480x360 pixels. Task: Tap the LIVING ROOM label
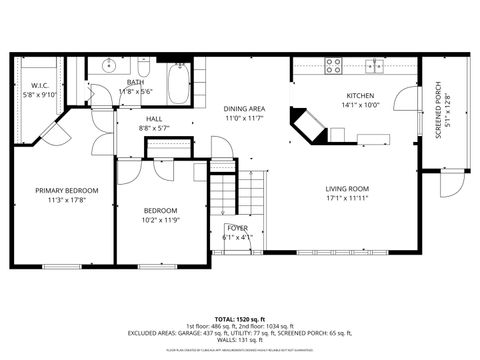(x=347, y=188)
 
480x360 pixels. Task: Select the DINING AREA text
(x=243, y=108)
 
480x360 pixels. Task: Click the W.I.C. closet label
(x=41, y=86)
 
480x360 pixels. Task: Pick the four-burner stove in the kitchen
(x=336, y=66)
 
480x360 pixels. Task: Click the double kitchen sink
(x=375, y=66)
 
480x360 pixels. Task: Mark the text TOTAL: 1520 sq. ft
(x=239, y=317)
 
